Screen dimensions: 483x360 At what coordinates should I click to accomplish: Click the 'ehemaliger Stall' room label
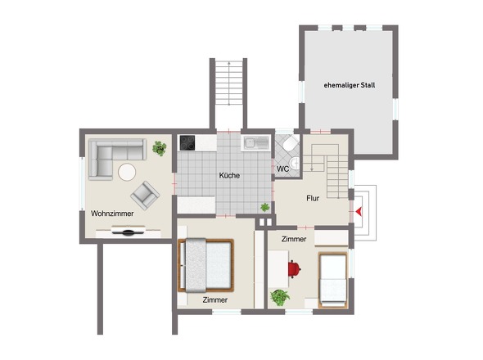tap(350, 85)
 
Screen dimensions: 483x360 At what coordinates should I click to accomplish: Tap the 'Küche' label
tap(229, 176)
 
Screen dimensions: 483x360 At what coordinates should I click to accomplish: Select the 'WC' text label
tap(282, 169)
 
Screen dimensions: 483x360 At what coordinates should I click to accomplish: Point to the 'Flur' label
tap(313, 198)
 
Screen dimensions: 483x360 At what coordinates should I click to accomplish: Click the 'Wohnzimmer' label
tap(112, 214)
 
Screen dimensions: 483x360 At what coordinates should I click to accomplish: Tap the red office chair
tap(294, 268)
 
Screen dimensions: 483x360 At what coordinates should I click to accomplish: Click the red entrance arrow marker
tap(359, 211)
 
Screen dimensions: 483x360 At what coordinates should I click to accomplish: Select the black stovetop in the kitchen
tap(187, 143)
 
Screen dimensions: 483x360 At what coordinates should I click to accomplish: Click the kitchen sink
tap(256, 143)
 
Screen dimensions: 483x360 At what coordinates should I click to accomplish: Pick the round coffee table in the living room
tap(127, 172)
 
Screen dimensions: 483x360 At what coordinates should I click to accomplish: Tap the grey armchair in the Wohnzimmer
tap(145, 196)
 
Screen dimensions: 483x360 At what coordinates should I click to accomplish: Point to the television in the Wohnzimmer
tap(129, 231)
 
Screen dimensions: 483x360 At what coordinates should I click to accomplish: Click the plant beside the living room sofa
tap(160, 148)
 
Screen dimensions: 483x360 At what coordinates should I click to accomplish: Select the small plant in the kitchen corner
tap(265, 207)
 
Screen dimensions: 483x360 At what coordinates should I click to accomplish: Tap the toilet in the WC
tap(291, 143)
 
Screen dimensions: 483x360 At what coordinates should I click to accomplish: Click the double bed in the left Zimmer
tap(205, 265)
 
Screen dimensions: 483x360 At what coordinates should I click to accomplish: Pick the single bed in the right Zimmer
tap(332, 280)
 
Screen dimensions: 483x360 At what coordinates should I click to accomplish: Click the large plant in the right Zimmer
tap(280, 298)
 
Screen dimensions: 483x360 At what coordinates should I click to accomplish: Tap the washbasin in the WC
tap(295, 163)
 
